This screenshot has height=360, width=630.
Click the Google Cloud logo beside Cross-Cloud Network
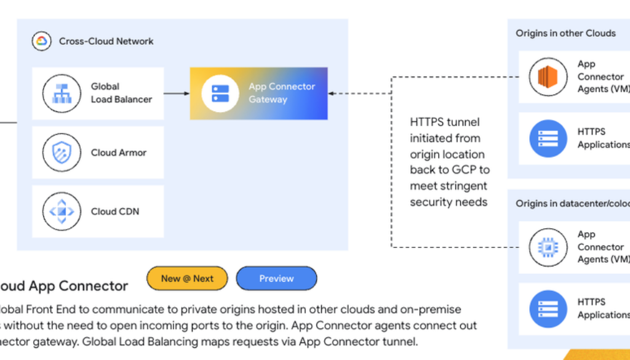42,41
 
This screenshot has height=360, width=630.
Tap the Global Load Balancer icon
62,93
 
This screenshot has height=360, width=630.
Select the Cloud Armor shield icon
62,153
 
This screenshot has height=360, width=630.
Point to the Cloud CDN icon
62,212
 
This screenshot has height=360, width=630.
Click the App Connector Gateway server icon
220,94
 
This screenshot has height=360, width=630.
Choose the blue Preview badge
276,279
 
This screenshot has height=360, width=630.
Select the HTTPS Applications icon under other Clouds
548,138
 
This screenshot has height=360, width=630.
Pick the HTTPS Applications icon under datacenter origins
548,308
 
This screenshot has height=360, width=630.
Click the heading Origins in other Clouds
565,33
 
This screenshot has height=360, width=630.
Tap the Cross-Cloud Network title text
106,41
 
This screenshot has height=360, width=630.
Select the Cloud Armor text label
119,153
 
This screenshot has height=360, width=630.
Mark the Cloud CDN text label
115,212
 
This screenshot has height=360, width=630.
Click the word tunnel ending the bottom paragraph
402,341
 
